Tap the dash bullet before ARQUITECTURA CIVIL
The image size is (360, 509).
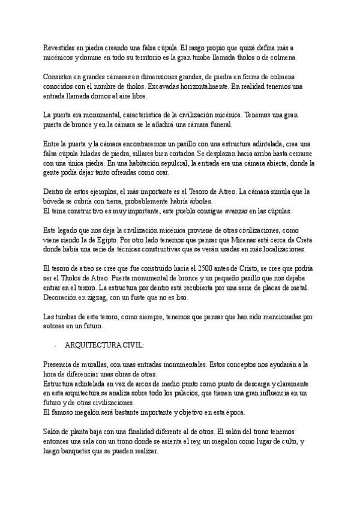[55, 346]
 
